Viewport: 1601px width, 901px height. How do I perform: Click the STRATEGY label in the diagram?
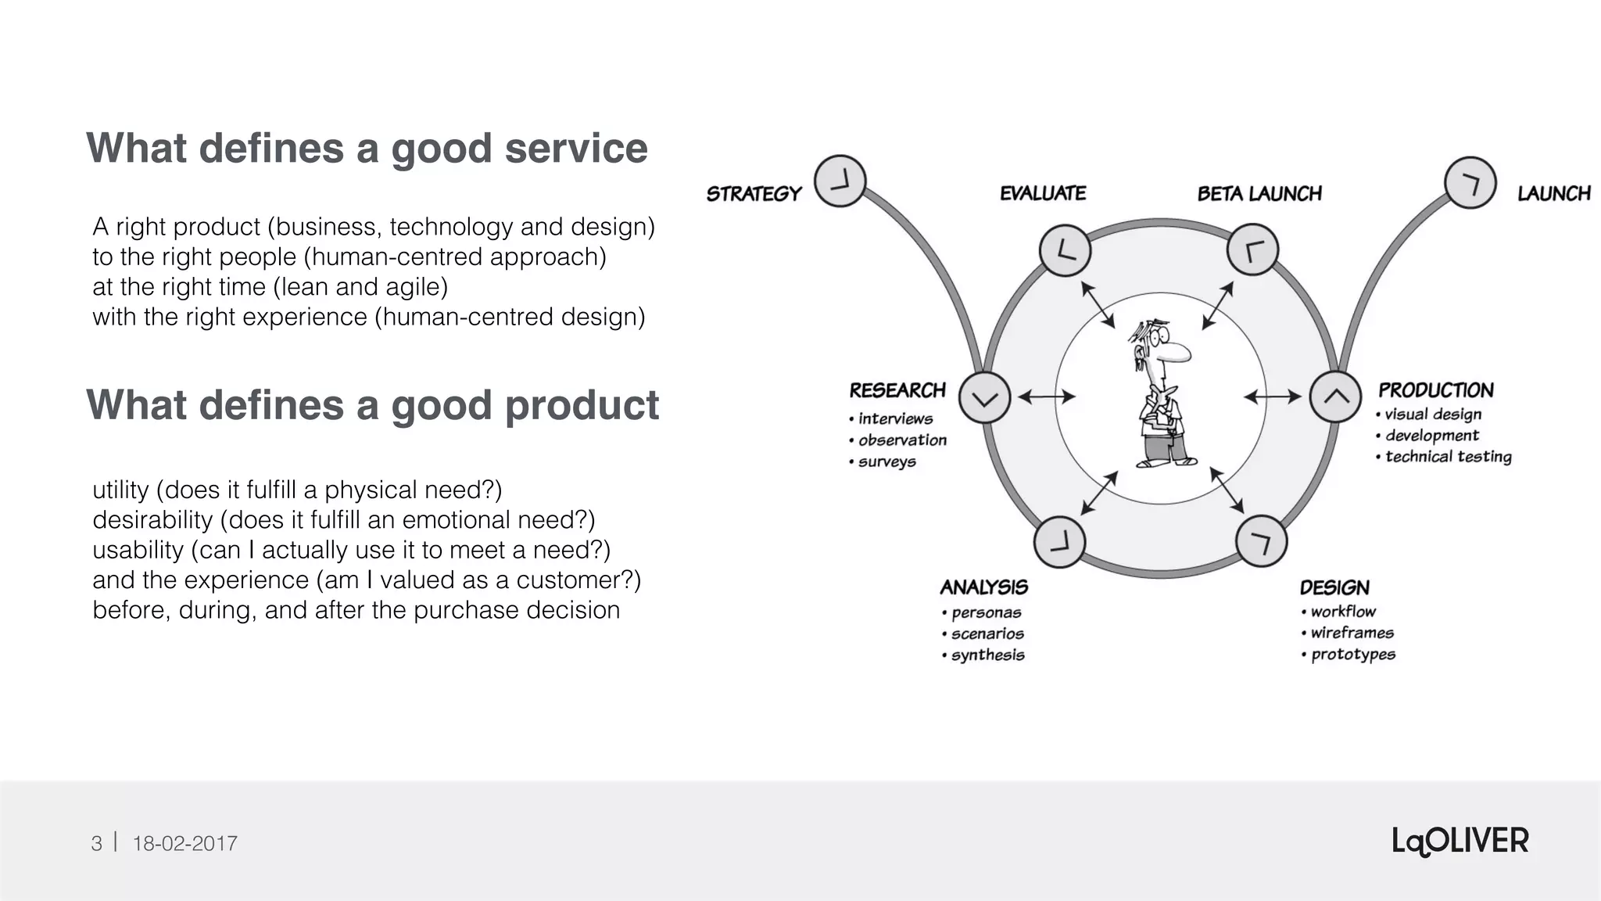point(754,193)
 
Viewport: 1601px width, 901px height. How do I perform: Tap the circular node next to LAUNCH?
point(1470,183)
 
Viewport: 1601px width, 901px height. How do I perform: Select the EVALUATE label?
point(1043,193)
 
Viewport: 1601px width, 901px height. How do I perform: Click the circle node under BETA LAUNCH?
point(1252,250)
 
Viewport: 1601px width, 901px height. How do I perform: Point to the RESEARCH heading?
point(897,390)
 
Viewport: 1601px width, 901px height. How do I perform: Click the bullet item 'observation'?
point(902,440)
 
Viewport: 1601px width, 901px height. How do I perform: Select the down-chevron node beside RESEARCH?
point(984,398)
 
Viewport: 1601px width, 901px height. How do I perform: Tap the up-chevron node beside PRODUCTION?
point(1335,397)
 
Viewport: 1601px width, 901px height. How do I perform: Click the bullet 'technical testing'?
point(1448,457)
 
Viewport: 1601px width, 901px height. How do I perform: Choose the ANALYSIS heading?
point(983,587)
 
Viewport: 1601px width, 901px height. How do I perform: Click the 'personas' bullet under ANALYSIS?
point(986,612)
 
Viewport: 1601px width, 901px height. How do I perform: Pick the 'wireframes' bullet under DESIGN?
point(1352,633)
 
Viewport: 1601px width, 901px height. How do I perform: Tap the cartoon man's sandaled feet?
point(1166,461)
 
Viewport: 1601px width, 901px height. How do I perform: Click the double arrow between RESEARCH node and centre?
point(1046,397)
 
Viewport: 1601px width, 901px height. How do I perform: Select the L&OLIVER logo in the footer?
point(1460,842)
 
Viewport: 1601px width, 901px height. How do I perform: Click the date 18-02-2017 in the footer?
point(184,843)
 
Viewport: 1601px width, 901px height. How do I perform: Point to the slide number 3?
point(96,843)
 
